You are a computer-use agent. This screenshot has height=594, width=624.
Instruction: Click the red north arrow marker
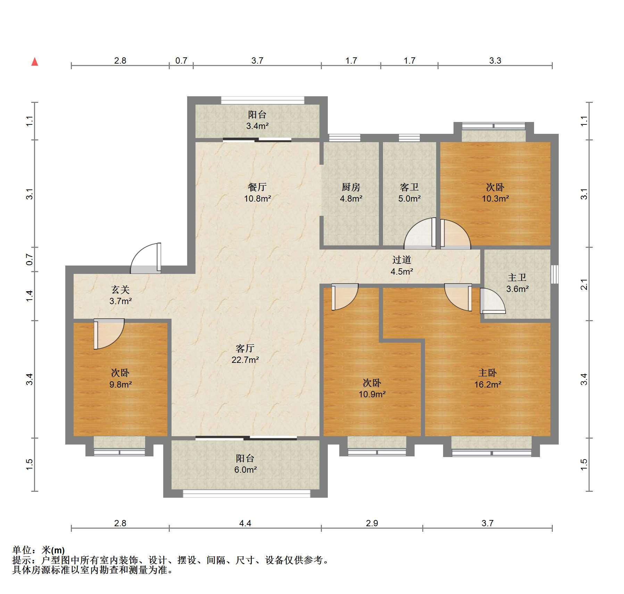[x=35, y=62]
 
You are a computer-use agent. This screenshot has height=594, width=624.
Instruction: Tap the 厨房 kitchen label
[x=351, y=187]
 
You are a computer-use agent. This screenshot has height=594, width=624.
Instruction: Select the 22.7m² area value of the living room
[x=245, y=360]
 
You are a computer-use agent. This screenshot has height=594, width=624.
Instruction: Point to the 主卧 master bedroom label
[x=488, y=373]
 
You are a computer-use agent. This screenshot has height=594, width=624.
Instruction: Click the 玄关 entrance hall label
[x=120, y=290]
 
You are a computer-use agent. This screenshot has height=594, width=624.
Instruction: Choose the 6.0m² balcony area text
[x=245, y=470]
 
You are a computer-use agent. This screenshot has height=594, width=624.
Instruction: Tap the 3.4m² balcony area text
[x=257, y=126]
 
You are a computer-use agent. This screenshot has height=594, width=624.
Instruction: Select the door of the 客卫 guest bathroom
[x=421, y=233]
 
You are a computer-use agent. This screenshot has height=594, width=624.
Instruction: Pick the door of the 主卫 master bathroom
[x=493, y=301]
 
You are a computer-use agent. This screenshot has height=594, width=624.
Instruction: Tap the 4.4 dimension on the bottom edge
[x=245, y=523]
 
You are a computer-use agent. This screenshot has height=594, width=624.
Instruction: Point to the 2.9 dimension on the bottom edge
[x=372, y=523]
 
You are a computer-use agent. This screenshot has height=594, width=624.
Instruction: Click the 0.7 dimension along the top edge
[x=181, y=61]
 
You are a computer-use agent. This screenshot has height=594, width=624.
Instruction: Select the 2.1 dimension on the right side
[x=584, y=284]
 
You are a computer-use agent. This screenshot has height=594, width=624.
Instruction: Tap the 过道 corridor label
[x=402, y=260]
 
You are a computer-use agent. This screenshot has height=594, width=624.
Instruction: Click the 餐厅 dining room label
[x=257, y=187]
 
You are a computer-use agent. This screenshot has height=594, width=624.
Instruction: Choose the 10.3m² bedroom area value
[x=495, y=198]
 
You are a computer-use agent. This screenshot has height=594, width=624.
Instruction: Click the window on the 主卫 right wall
[x=555, y=274]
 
